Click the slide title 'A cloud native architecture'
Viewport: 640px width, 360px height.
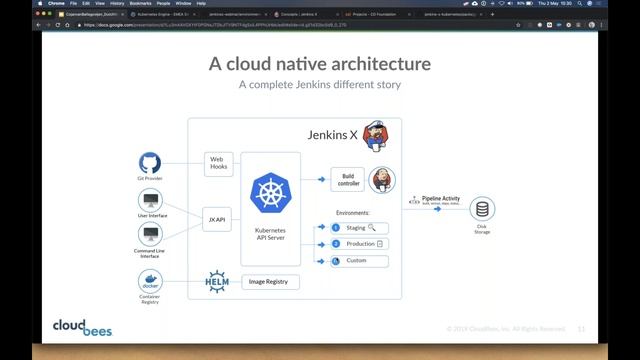pos(319,65)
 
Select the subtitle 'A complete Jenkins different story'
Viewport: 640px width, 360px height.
pos(319,85)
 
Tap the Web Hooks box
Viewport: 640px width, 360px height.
pos(218,162)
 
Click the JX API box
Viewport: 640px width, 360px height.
pos(218,217)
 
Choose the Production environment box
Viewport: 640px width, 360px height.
pos(361,244)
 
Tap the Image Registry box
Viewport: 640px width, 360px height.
pos(270,282)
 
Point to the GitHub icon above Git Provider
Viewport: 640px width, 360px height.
pos(150,163)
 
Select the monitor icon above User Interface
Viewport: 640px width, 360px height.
pos(150,199)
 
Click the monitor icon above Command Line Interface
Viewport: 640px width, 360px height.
pos(150,235)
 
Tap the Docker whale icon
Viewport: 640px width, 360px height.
pos(150,279)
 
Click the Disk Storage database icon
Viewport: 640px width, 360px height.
pos(483,209)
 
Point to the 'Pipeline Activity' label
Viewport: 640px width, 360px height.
pos(441,199)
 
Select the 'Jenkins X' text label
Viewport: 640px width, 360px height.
pos(327,133)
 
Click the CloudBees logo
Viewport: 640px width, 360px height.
pos(82,327)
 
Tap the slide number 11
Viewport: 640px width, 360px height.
pos(581,327)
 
